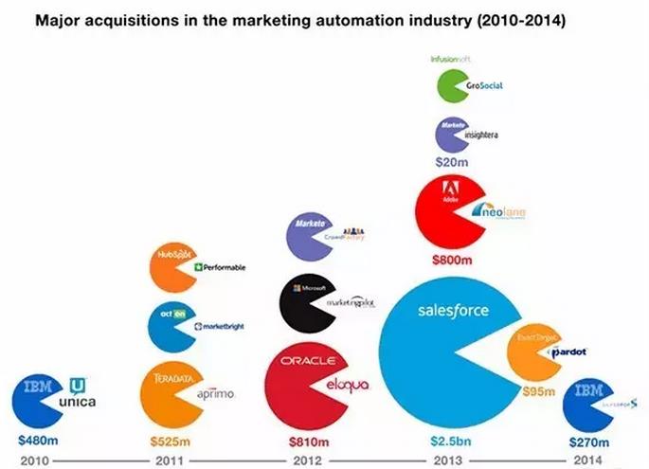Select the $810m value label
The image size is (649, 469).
[309, 441]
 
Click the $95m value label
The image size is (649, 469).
[537, 389]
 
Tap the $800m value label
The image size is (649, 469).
[452, 258]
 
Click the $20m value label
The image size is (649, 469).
[451, 162]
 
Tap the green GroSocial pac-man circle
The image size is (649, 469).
[454, 87]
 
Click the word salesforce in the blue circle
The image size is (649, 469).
[453, 311]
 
